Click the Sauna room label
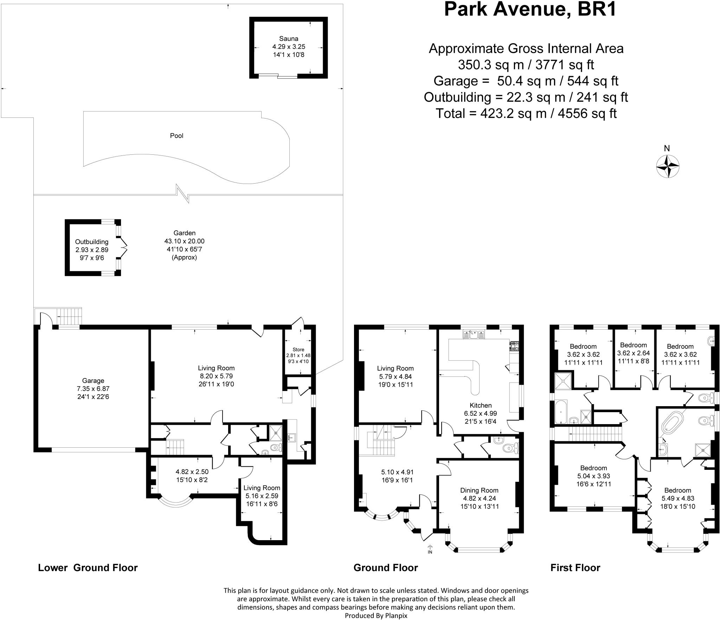pyautogui.click(x=288, y=39)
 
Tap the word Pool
pyautogui.click(x=176, y=136)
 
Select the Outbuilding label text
pyautogui.click(x=92, y=242)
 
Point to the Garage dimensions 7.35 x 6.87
pyautogui.click(x=93, y=389)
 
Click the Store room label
pyautogui.click(x=298, y=350)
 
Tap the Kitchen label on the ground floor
pyautogui.click(x=481, y=405)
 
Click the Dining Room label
pyautogui.click(x=479, y=490)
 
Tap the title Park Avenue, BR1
pyautogui.click(x=530, y=10)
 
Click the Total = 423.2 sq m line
pyautogui.click(x=526, y=113)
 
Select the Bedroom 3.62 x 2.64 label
pyautogui.click(x=633, y=345)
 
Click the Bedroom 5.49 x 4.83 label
pyautogui.click(x=677, y=491)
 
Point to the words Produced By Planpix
pyautogui.click(x=376, y=615)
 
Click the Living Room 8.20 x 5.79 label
pyautogui.click(x=216, y=368)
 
